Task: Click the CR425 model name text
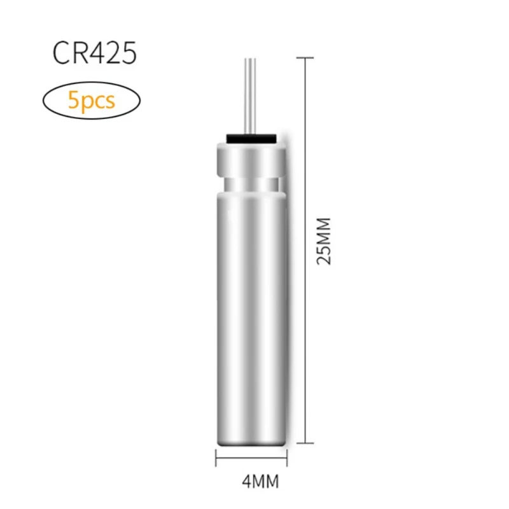(x=94, y=54)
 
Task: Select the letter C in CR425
(x=62, y=54)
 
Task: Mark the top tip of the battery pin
(x=249, y=59)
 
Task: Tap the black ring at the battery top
(x=250, y=137)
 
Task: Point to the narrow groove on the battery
(x=250, y=185)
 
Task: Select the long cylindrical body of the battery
(x=250, y=305)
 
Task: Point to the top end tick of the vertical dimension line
(x=307, y=58)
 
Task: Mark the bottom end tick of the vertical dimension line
(x=307, y=443)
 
